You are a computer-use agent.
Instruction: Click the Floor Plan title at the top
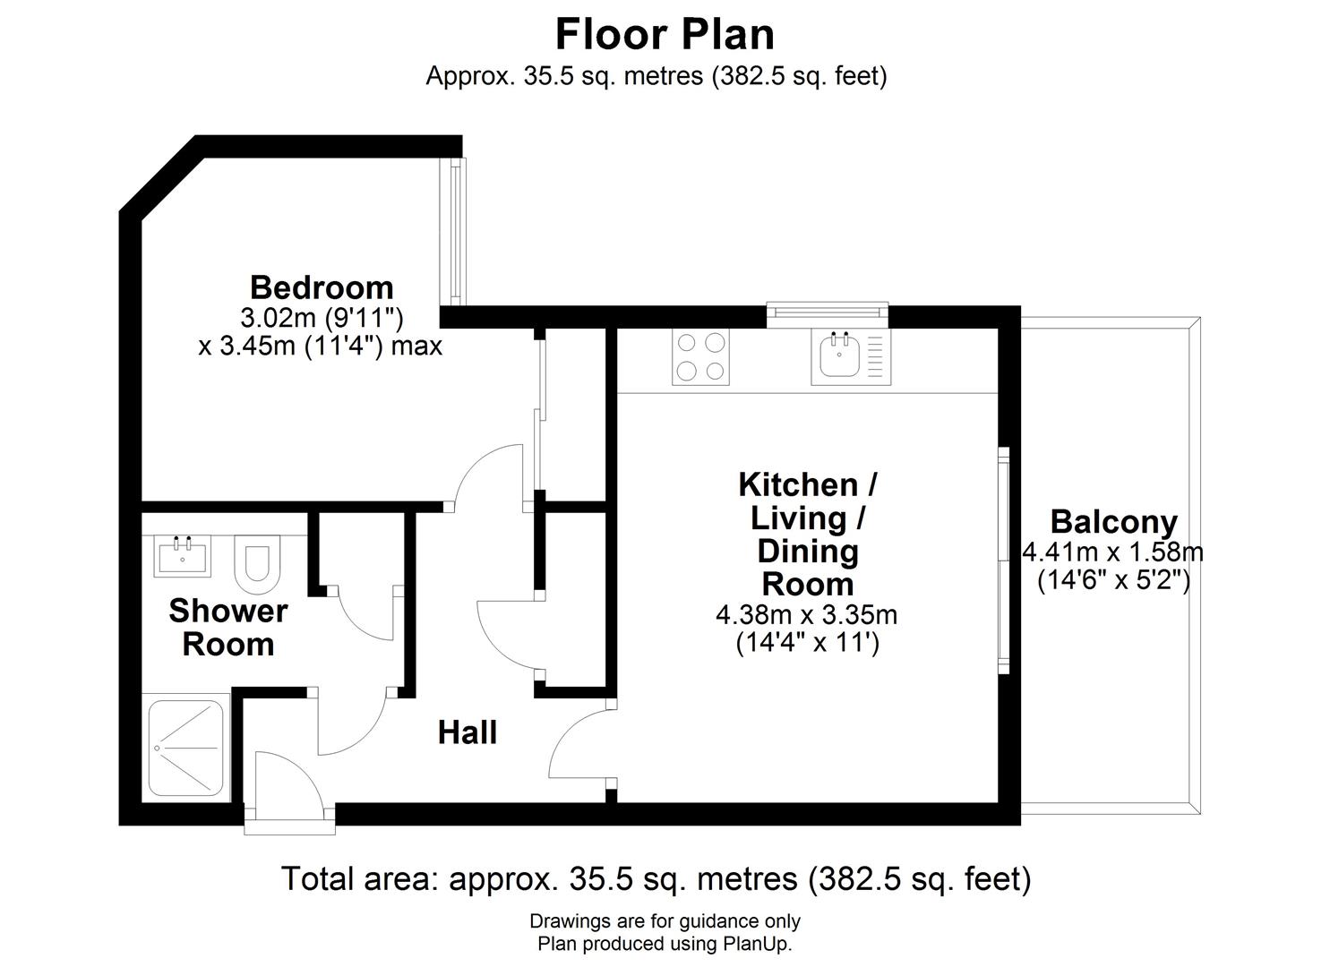click(x=665, y=35)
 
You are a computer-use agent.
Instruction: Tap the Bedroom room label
click(x=322, y=287)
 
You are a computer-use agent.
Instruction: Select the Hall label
click(x=467, y=732)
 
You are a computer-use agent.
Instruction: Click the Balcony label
click(x=1113, y=521)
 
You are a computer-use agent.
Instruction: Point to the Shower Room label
click(x=227, y=627)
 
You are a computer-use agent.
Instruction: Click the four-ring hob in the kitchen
click(x=700, y=356)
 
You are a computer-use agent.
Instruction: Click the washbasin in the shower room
click(x=183, y=555)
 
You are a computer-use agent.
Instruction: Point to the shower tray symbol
click(x=185, y=748)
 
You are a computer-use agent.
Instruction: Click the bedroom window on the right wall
click(x=458, y=230)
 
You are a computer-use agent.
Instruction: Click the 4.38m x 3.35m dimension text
click(x=806, y=615)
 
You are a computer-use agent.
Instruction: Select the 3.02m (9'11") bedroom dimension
click(x=322, y=317)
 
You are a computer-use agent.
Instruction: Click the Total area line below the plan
click(x=656, y=878)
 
